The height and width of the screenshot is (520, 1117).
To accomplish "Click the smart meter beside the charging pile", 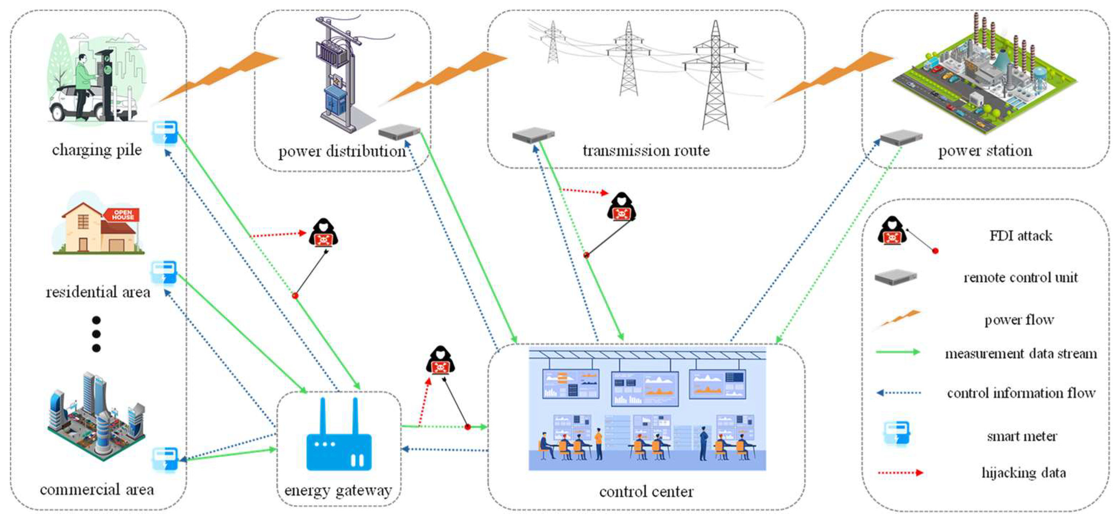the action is click(x=165, y=132).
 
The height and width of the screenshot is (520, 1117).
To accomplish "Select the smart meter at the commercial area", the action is click(x=165, y=459).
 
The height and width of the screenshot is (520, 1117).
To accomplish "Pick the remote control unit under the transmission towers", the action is click(x=533, y=135).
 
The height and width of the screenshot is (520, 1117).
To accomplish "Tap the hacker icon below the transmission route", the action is click(x=621, y=206).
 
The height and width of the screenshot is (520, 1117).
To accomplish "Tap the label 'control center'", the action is click(x=646, y=491).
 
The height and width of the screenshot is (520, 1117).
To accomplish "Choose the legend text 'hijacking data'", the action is click(x=1024, y=472).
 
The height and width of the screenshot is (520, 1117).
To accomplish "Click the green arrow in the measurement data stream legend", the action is click(x=898, y=352).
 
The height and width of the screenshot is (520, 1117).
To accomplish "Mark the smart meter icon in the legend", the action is click(x=897, y=434).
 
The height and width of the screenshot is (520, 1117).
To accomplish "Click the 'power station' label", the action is click(x=985, y=151).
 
